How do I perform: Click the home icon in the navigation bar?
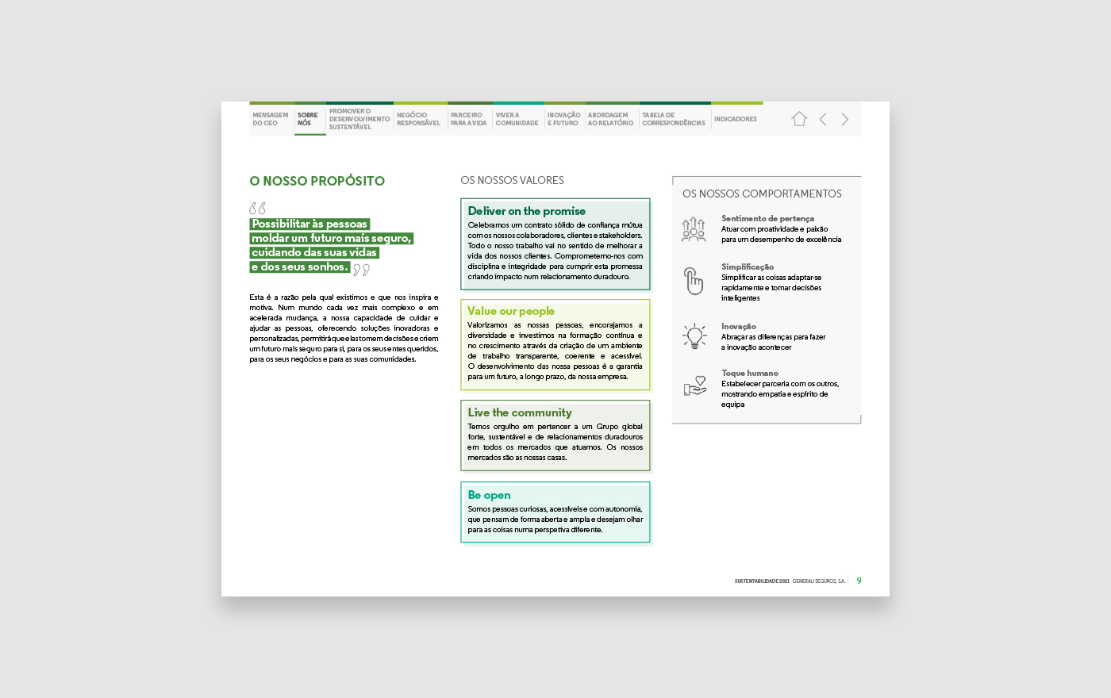point(799,119)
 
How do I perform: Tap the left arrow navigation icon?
point(823,119)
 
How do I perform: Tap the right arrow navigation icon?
point(845,119)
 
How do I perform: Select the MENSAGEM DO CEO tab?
point(271,119)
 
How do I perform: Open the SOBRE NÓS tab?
point(308,119)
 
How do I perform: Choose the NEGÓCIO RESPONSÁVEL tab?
point(418,119)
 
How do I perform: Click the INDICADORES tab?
point(736,119)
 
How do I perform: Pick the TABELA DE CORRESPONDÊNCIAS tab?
point(674,119)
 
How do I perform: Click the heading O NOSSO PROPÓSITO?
point(317,181)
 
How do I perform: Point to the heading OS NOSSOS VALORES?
point(512,180)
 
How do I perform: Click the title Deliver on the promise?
point(526,211)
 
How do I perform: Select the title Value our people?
point(511,311)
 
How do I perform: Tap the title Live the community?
point(520,412)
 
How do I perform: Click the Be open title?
point(489,495)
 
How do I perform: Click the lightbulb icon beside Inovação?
point(694,336)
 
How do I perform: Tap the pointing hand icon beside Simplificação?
point(694,281)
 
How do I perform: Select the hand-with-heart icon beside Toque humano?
point(694,386)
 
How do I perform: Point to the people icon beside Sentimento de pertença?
point(694,228)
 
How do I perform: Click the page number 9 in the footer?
point(859,581)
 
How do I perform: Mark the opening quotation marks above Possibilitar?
point(257,209)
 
